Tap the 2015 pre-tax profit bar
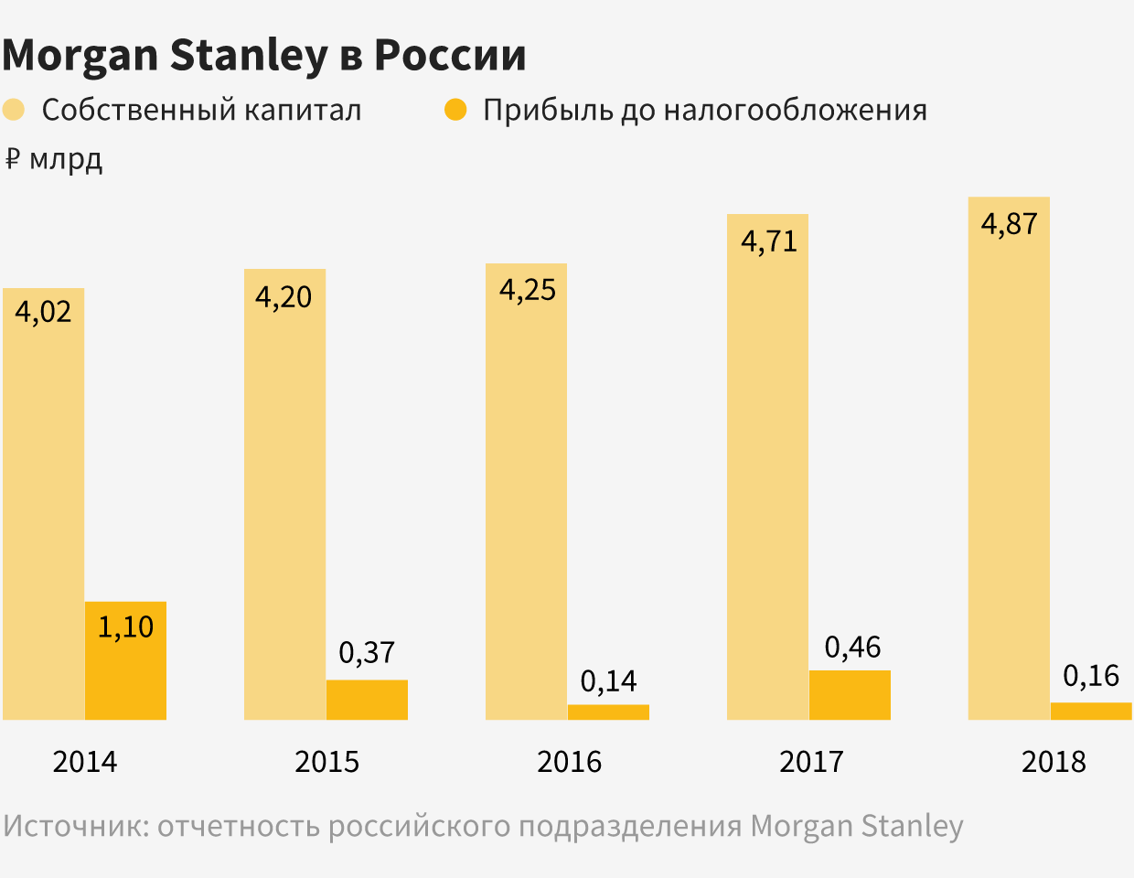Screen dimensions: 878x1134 (x=367, y=700)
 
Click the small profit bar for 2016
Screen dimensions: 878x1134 (x=608, y=712)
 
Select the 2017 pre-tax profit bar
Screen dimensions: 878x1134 (x=850, y=695)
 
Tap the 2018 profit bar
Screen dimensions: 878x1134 (x=1091, y=711)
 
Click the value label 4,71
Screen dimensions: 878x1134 (x=769, y=241)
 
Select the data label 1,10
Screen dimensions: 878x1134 (x=125, y=627)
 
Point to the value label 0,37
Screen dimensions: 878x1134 (x=367, y=652)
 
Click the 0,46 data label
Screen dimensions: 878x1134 (x=852, y=648)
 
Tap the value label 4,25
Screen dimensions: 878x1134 (x=527, y=290)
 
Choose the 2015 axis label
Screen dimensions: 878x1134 (x=326, y=762)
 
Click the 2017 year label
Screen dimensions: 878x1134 (x=811, y=762)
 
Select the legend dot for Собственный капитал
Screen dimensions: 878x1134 (x=14, y=110)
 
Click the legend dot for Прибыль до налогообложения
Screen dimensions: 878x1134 (x=455, y=110)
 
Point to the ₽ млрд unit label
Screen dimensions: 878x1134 (x=54, y=159)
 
